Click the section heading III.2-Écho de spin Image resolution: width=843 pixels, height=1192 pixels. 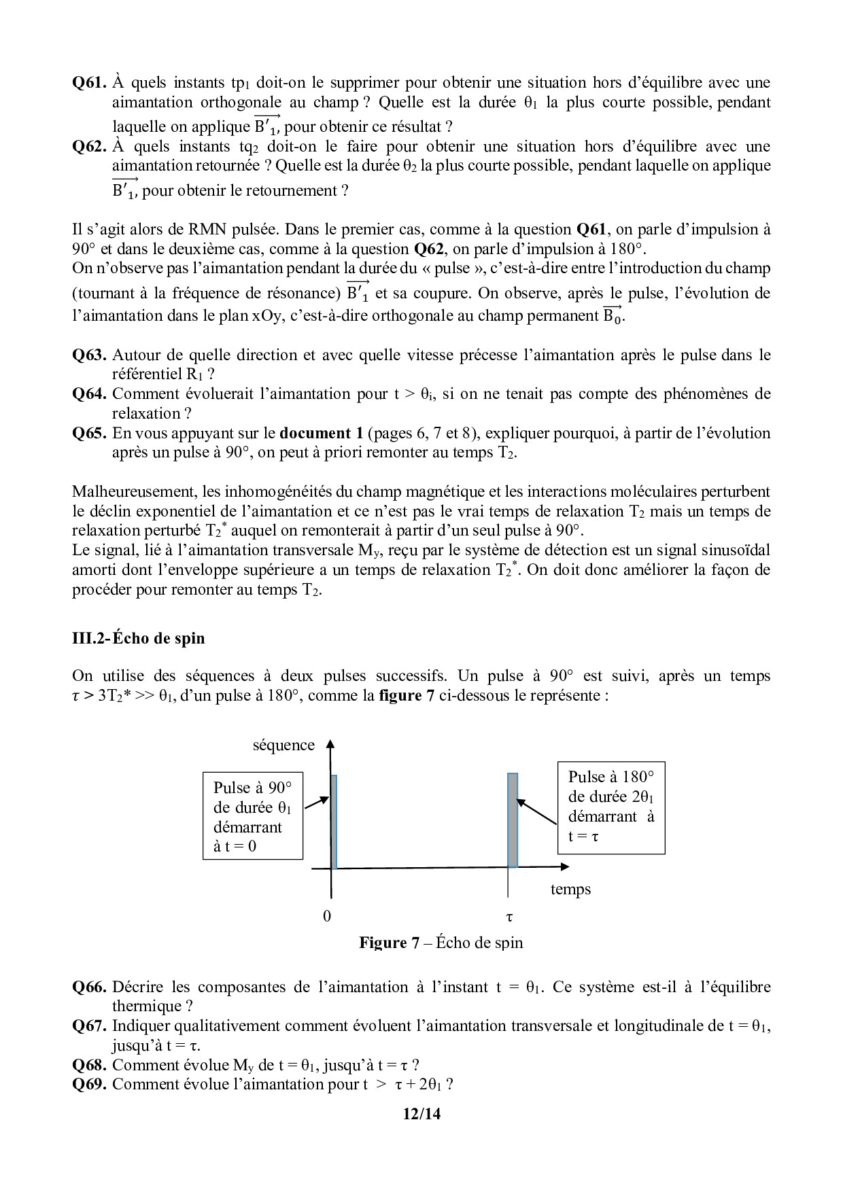click(138, 638)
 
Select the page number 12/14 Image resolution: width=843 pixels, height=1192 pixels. click(421, 1114)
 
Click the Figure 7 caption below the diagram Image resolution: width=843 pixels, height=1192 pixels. click(441, 943)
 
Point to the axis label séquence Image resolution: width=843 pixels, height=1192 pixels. click(283, 745)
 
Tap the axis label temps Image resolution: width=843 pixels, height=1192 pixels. click(570, 889)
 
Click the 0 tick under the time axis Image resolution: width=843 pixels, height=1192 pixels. click(327, 916)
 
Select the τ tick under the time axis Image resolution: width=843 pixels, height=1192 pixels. click(509, 917)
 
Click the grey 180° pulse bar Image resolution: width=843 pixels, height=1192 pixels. click(513, 820)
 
